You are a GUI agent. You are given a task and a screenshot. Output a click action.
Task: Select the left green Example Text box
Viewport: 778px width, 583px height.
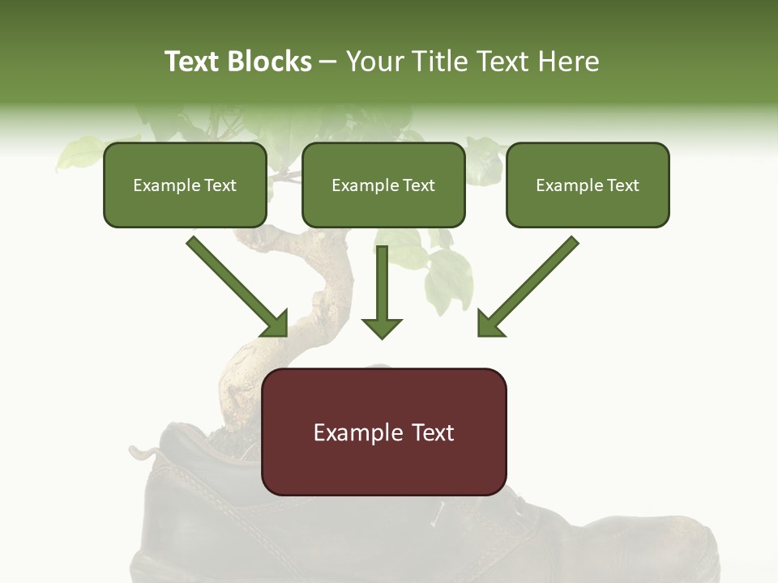[185, 185]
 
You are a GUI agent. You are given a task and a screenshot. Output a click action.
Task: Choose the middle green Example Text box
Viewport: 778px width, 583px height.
[383, 185]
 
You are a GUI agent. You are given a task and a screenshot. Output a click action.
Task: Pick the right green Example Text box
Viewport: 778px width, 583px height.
[588, 185]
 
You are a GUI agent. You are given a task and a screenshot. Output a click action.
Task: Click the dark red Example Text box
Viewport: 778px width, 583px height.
[384, 432]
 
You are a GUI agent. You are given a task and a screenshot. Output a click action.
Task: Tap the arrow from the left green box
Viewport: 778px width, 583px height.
[235, 283]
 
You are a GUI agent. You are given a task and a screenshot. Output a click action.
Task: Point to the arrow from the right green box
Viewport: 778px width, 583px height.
[531, 283]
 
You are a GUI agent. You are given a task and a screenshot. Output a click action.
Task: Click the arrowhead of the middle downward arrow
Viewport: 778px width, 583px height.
[382, 327]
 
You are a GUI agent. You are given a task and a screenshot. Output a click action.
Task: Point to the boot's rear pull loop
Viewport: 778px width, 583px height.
[146, 451]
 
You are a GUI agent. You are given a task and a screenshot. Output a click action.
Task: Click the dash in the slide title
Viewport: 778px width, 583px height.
[328, 62]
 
